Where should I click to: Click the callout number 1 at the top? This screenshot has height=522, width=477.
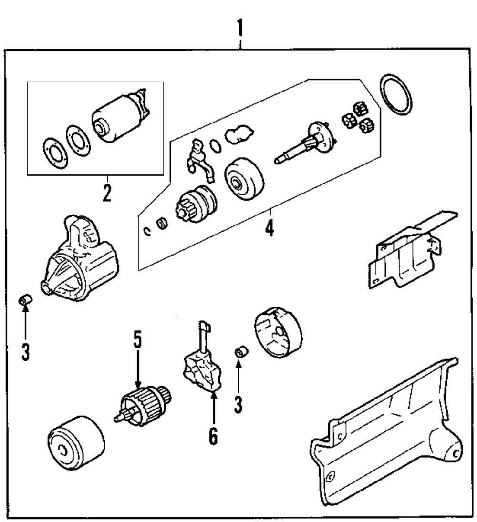(x=241, y=30)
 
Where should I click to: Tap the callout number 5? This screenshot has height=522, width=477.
(x=137, y=341)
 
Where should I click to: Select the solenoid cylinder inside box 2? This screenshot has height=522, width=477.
(x=114, y=122)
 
